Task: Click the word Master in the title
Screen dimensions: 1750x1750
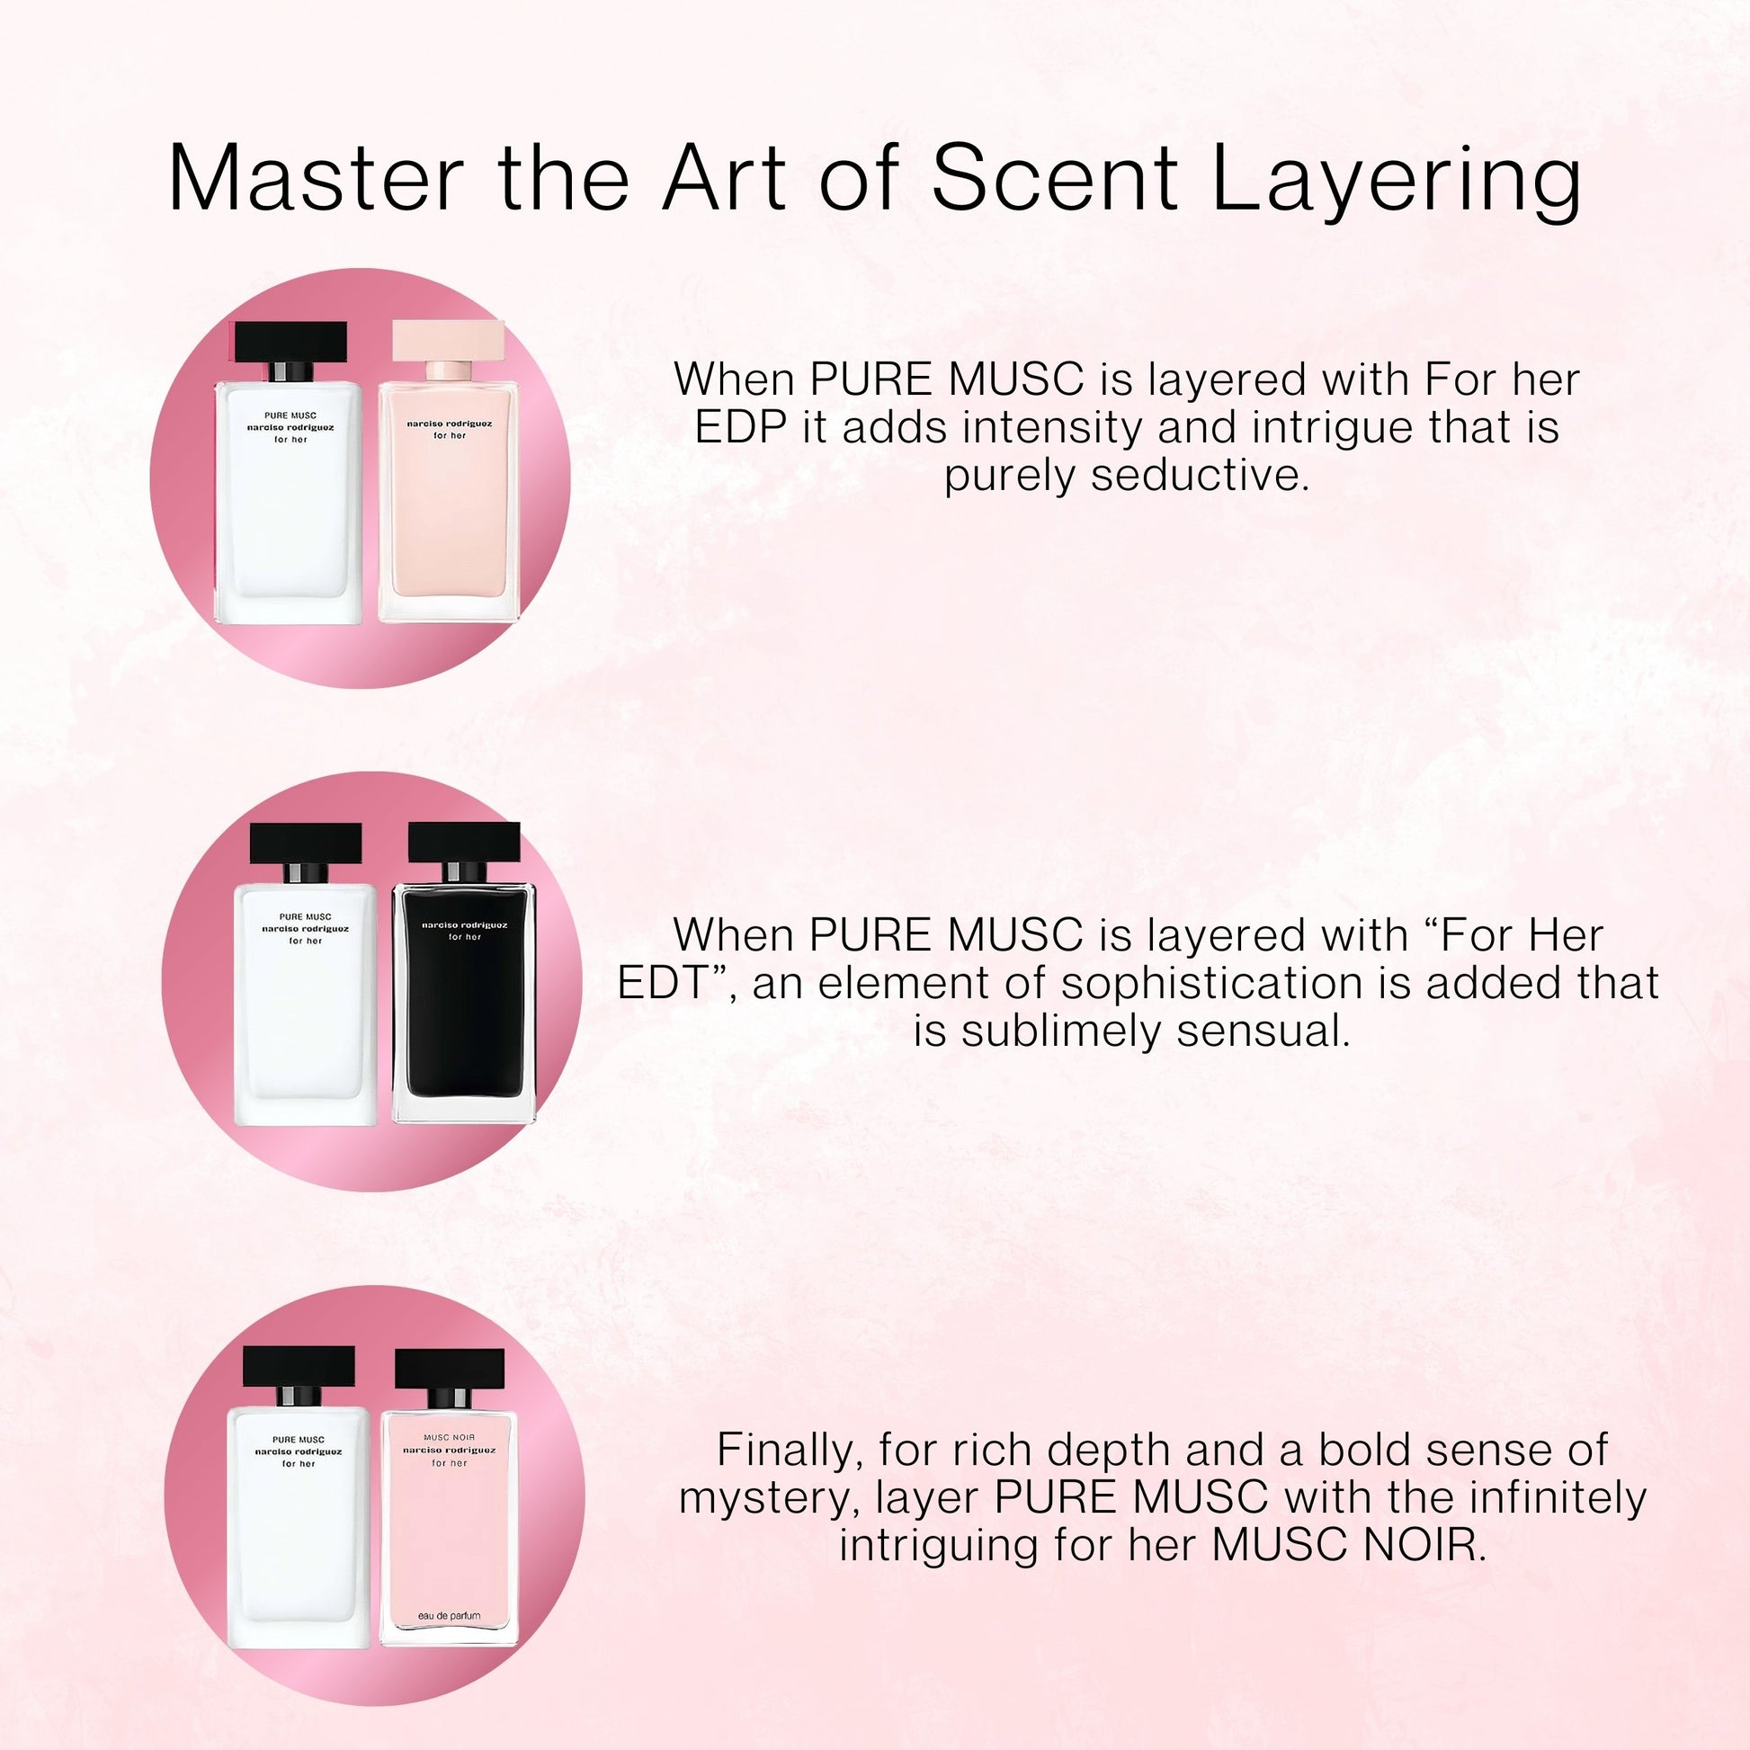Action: [x=317, y=177]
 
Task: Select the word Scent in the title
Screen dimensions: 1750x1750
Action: [x=1054, y=177]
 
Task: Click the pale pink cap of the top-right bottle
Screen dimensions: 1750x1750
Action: [x=449, y=341]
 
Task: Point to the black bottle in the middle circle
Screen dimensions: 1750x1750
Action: [x=464, y=975]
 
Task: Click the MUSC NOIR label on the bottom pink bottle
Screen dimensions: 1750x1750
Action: [x=450, y=1436]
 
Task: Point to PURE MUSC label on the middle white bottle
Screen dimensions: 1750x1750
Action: [x=305, y=916]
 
